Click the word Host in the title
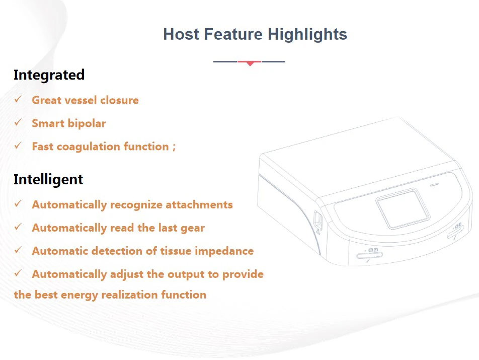point(181,34)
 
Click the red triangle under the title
point(250,63)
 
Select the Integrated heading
point(49,75)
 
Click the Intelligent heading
point(48,179)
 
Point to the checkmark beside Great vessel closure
point(18,99)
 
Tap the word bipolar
point(87,123)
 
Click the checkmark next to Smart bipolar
point(18,122)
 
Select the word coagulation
point(89,147)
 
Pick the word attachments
point(199,205)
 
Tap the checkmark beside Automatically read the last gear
point(18,227)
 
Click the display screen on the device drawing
point(403,208)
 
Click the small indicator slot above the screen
point(434,184)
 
